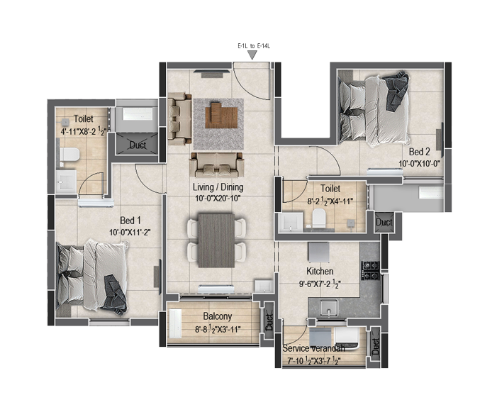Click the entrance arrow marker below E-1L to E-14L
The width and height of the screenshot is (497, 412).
(x=252, y=55)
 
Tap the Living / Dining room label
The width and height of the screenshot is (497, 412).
(x=218, y=187)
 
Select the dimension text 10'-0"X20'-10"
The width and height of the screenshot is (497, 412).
(x=218, y=199)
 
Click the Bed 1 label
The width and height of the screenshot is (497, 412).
(x=130, y=221)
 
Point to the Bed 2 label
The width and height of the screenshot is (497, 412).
(x=419, y=152)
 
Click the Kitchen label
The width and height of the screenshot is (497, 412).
(x=320, y=272)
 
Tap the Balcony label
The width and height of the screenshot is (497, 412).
(x=218, y=316)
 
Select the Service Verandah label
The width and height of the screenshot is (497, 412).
(x=313, y=349)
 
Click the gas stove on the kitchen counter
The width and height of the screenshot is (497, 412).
(x=371, y=271)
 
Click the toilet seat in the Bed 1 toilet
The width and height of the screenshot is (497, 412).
(x=69, y=155)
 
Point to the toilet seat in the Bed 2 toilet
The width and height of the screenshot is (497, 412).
(x=319, y=218)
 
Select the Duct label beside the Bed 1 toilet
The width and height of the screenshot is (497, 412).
(x=138, y=145)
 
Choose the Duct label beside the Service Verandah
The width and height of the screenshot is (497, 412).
(x=376, y=347)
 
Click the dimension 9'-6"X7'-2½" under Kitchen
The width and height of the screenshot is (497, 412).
(x=320, y=284)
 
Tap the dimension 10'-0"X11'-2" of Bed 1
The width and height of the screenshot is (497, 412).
(x=130, y=233)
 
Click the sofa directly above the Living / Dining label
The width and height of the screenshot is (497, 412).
(x=217, y=165)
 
